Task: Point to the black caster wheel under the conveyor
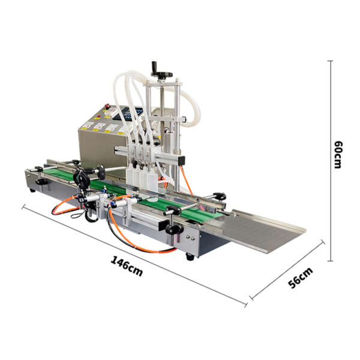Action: coord(190,257)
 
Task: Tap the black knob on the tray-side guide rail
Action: coord(220,194)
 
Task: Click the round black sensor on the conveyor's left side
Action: coord(81,178)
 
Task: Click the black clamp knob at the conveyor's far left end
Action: coord(40,181)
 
